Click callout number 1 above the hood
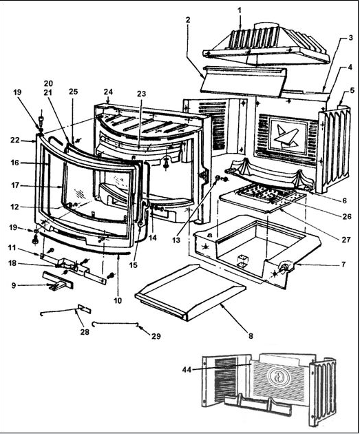pos(240,10)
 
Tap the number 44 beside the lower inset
pos(187,369)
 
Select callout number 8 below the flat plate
pos(251,336)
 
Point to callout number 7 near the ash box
pos(343,265)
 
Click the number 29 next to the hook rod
pos(156,336)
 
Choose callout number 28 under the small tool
pos(85,332)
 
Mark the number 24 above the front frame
pos(108,92)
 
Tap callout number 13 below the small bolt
pos(176,240)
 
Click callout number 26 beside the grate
pos(347,216)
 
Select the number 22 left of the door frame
pos(15,141)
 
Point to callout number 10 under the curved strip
pos(118,300)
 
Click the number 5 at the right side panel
pos(352,90)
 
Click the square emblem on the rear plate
pos(288,135)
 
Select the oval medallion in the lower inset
pos(279,378)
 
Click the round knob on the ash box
pos(285,267)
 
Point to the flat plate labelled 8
pos(191,292)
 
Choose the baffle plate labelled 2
pos(243,81)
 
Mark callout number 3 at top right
pos(350,37)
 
